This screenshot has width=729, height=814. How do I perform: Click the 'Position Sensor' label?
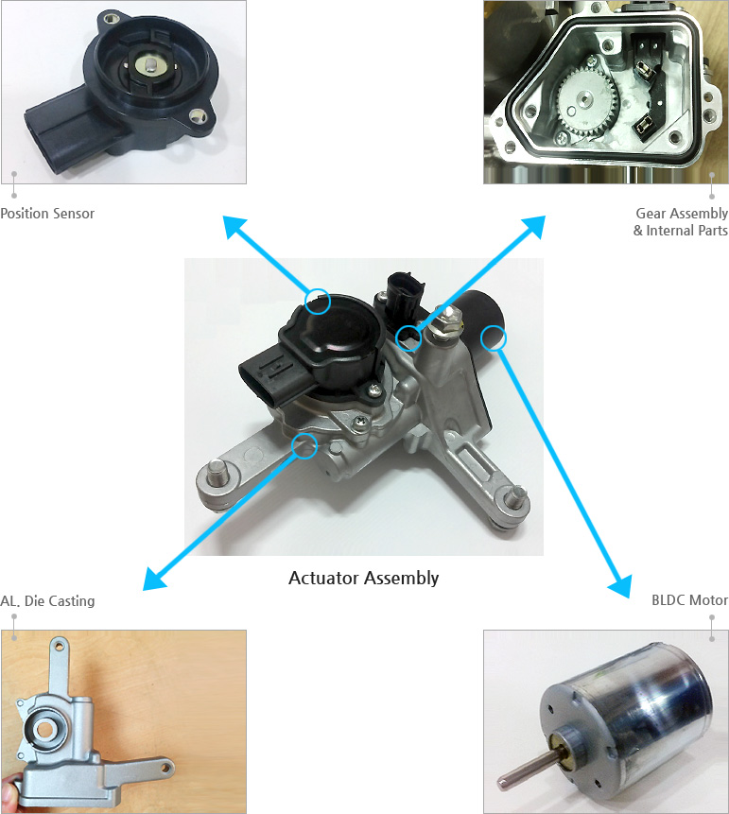(x=47, y=214)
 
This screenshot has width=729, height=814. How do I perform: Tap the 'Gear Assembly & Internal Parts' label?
(x=681, y=222)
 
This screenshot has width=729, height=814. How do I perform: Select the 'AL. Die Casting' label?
(x=47, y=601)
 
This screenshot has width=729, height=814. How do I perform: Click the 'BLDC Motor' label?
(x=689, y=600)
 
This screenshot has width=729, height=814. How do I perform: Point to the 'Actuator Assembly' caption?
(x=363, y=578)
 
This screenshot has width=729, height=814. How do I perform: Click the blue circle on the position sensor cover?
(x=319, y=302)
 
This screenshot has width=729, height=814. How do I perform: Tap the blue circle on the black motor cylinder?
(x=494, y=337)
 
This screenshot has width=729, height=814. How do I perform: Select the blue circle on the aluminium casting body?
(x=304, y=445)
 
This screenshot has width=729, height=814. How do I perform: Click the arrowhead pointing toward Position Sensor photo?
(x=233, y=225)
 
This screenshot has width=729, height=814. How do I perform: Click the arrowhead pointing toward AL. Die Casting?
(x=152, y=579)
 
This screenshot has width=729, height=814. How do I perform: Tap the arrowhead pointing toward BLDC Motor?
(x=619, y=585)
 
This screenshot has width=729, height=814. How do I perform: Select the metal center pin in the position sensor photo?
(x=150, y=65)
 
